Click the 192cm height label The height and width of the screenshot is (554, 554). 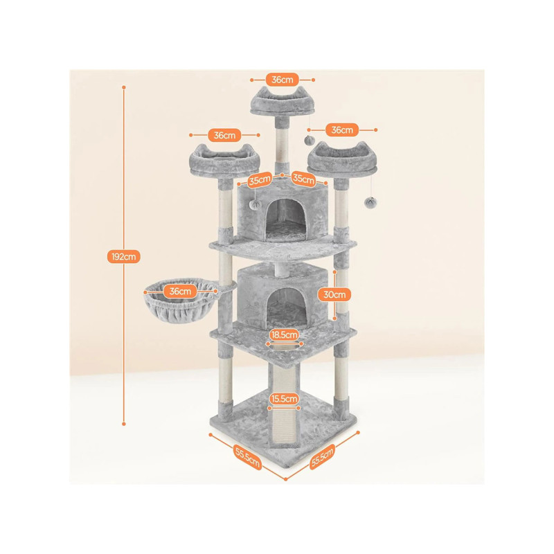click(x=124, y=256)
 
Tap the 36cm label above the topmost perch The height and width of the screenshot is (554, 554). click(x=283, y=80)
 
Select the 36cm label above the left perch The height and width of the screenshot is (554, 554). click(x=224, y=135)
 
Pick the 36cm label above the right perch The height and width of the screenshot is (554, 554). click(x=341, y=130)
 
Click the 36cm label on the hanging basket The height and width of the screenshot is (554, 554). click(x=180, y=292)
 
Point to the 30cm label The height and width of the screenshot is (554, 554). click(x=334, y=294)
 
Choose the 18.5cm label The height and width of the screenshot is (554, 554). click(x=284, y=334)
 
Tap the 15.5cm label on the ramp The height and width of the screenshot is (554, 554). click(x=284, y=399)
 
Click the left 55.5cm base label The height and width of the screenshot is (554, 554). click(x=248, y=458)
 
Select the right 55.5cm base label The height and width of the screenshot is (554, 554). click(x=322, y=457)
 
